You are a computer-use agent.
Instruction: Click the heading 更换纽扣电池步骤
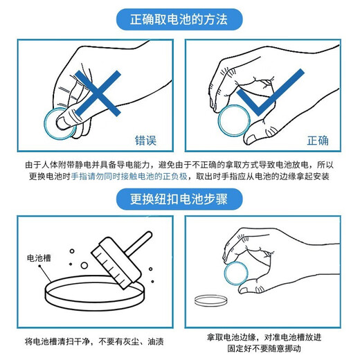click(179, 199)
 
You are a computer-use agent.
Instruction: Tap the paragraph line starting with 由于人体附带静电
click(179, 165)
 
